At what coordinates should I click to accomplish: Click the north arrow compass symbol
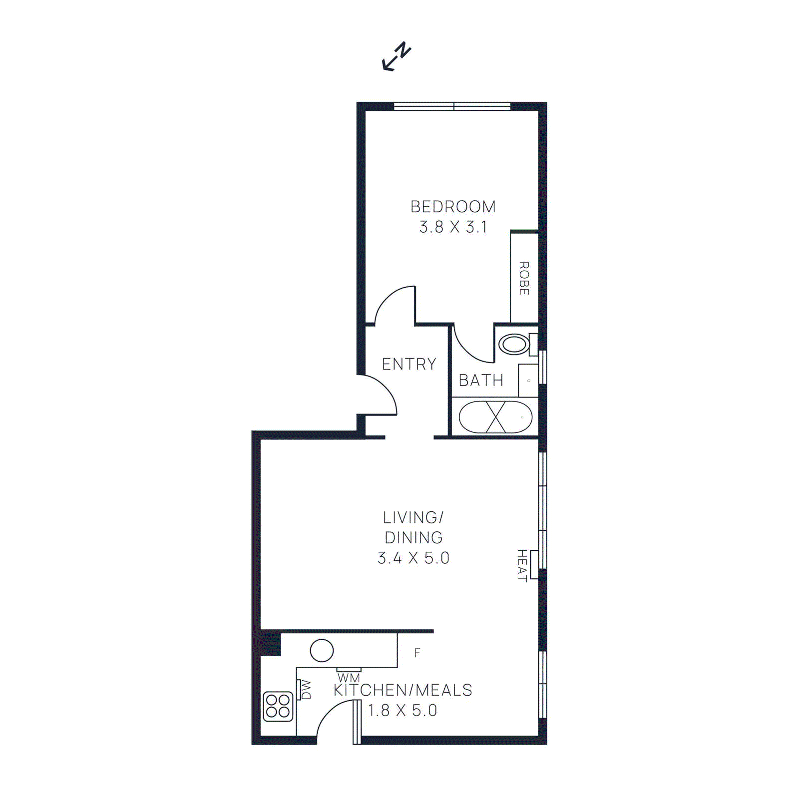tap(397, 56)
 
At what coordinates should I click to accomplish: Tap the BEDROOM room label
tap(453, 207)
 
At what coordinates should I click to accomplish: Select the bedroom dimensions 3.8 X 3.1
tap(453, 227)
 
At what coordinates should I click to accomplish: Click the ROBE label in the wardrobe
tap(524, 278)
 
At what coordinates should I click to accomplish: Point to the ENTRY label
tap(409, 364)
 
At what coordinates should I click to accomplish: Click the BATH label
tap(481, 381)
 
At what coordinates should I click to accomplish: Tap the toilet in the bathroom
tap(514, 344)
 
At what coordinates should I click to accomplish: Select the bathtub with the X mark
tap(495, 417)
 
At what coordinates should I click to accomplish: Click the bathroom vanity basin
tap(528, 381)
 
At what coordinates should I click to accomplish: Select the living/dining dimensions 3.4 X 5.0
tap(413, 558)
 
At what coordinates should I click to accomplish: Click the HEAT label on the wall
tap(522, 565)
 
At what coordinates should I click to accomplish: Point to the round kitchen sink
tap(322, 651)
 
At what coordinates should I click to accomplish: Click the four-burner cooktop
tap(278, 706)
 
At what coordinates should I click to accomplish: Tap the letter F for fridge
tap(417, 653)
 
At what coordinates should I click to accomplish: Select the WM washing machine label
tap(349, 678)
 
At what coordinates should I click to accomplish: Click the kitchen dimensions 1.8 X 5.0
tap(402, 710)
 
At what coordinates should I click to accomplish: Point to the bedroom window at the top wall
tap(452, 106)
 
